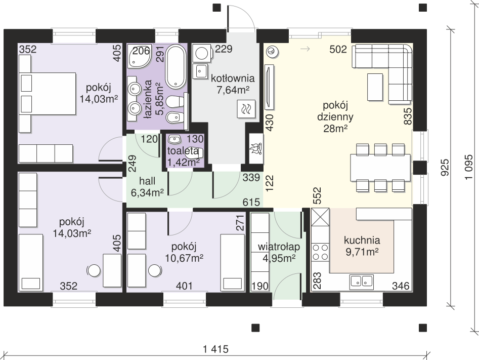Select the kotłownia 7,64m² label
click(x=233, y=84)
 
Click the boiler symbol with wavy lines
click(x=246, y=109)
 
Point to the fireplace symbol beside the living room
click(x=256, y=149)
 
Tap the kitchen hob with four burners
click(x=320, y=252)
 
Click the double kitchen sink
click(x=361, y=282)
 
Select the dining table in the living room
click(x=380, y=168)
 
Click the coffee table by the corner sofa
click(x=375, y=87)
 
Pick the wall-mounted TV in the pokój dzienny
click(x=269, y=87)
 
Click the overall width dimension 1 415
click(x=216, y=349)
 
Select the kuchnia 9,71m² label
click(x=362, y=246)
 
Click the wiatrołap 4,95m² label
click(x=279, y=252)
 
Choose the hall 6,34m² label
click(x=147, y=186)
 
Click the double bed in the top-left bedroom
click(x=47, y=94)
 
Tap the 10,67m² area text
click(x=184, y=258)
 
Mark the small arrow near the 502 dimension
click(x=306, y=49)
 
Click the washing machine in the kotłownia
click(x=202, y=53)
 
